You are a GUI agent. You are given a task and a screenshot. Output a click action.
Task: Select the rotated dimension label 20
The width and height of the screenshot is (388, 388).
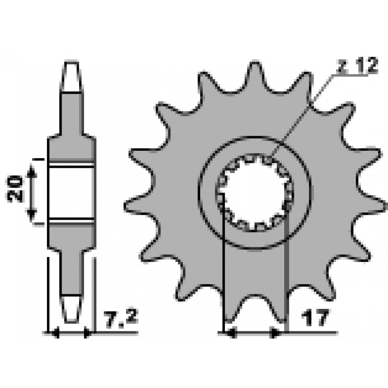pos(15,189)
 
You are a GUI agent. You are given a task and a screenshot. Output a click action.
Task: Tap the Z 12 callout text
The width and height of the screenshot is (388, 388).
pos(358,66)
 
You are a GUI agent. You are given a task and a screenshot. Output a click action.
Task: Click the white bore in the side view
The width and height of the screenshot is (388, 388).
pos(72,193)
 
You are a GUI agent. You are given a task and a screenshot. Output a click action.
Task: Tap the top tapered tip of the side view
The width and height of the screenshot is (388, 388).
pos(71,76)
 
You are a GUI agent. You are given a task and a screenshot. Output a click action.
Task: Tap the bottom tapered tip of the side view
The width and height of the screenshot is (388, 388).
pos(71,309)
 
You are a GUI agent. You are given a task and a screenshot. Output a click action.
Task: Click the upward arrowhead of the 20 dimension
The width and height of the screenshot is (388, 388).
pos(32,171)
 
